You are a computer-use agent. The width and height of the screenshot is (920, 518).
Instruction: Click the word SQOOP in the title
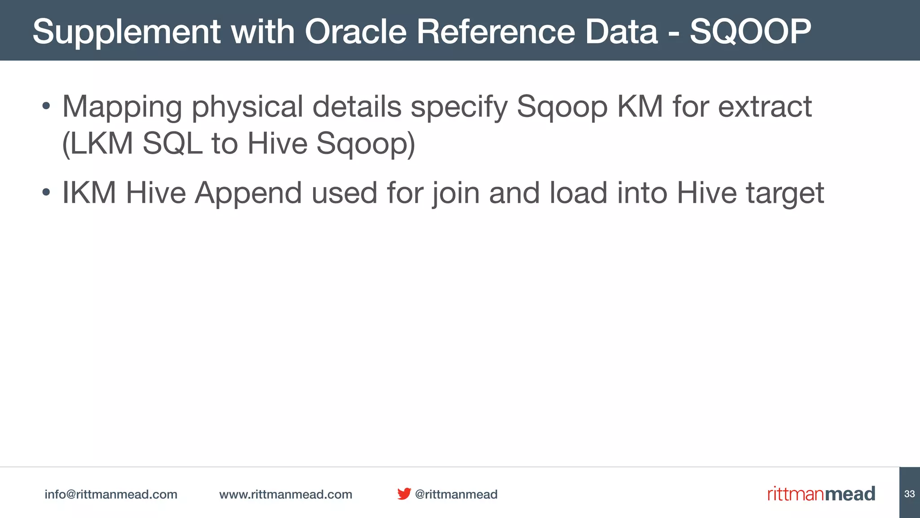click(750, 31)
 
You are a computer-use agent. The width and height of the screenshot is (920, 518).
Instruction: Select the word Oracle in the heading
click(355, 31)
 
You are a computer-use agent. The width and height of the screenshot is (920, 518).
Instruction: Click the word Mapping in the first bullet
click(122, 107)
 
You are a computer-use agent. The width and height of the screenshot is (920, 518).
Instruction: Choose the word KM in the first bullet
click(640, 107)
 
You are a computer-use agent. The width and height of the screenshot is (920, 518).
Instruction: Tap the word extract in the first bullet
click(765, 107)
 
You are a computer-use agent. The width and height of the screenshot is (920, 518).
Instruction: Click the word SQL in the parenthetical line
click(172, 143)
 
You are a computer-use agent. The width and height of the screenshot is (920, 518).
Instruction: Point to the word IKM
click(89, 193)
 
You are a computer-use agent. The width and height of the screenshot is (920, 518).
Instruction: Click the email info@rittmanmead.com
click(111, 494)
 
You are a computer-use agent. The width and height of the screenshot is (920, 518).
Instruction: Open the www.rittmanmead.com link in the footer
click(286, 494)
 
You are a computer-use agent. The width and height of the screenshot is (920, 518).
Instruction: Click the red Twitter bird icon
click(404, 494)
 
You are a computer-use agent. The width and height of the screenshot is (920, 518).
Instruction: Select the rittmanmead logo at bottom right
click(821, 494)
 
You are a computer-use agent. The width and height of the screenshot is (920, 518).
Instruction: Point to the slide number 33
click(909, 494)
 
